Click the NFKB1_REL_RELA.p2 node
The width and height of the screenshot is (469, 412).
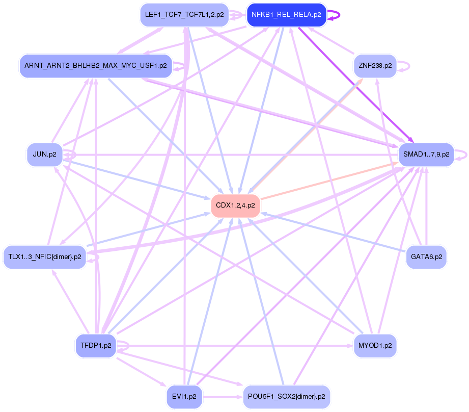coord(286,15)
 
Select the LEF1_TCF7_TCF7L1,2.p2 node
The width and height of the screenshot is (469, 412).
coord(184,15)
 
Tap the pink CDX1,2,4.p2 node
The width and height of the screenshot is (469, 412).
coord(235,205)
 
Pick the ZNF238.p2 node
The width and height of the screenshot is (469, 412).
coord(375,66)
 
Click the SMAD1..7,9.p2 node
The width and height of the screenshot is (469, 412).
coord(426,154)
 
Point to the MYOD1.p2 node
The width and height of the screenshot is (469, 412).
coord(375,345)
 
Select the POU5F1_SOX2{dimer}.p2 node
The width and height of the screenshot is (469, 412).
coord(286,396)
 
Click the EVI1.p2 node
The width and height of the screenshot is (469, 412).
coord(184,396)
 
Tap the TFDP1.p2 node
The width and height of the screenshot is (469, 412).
coord(96,345)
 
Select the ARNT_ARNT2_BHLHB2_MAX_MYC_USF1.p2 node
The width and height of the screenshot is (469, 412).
coord(96,66)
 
